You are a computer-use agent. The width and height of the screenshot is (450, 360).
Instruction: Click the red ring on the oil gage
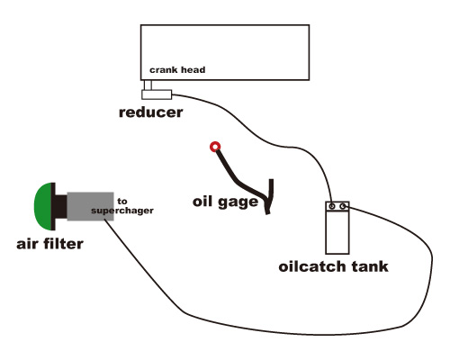215,147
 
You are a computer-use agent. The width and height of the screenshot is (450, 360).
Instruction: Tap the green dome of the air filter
42,206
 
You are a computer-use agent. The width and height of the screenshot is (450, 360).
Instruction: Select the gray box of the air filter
90,206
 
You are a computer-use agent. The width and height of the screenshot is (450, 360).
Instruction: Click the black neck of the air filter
59,206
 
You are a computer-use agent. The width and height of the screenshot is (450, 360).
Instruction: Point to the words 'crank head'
177,70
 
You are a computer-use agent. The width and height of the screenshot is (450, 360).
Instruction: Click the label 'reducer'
151,112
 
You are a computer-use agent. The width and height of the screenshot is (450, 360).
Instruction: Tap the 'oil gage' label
225,202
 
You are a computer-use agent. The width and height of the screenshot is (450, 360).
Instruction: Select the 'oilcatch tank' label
333,266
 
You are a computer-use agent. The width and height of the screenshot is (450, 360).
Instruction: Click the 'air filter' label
49,244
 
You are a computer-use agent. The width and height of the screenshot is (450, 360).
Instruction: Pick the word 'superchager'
122,211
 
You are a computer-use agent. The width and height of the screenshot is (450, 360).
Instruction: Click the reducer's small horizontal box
157,94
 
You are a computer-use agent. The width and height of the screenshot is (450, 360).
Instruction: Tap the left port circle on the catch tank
332,206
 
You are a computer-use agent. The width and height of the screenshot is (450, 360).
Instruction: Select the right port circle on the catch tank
343,206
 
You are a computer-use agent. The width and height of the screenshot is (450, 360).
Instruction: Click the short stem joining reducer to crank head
148,85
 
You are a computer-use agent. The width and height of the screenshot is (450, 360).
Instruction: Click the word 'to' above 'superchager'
122,202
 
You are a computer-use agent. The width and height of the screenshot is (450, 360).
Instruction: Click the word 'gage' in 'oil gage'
238,202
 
